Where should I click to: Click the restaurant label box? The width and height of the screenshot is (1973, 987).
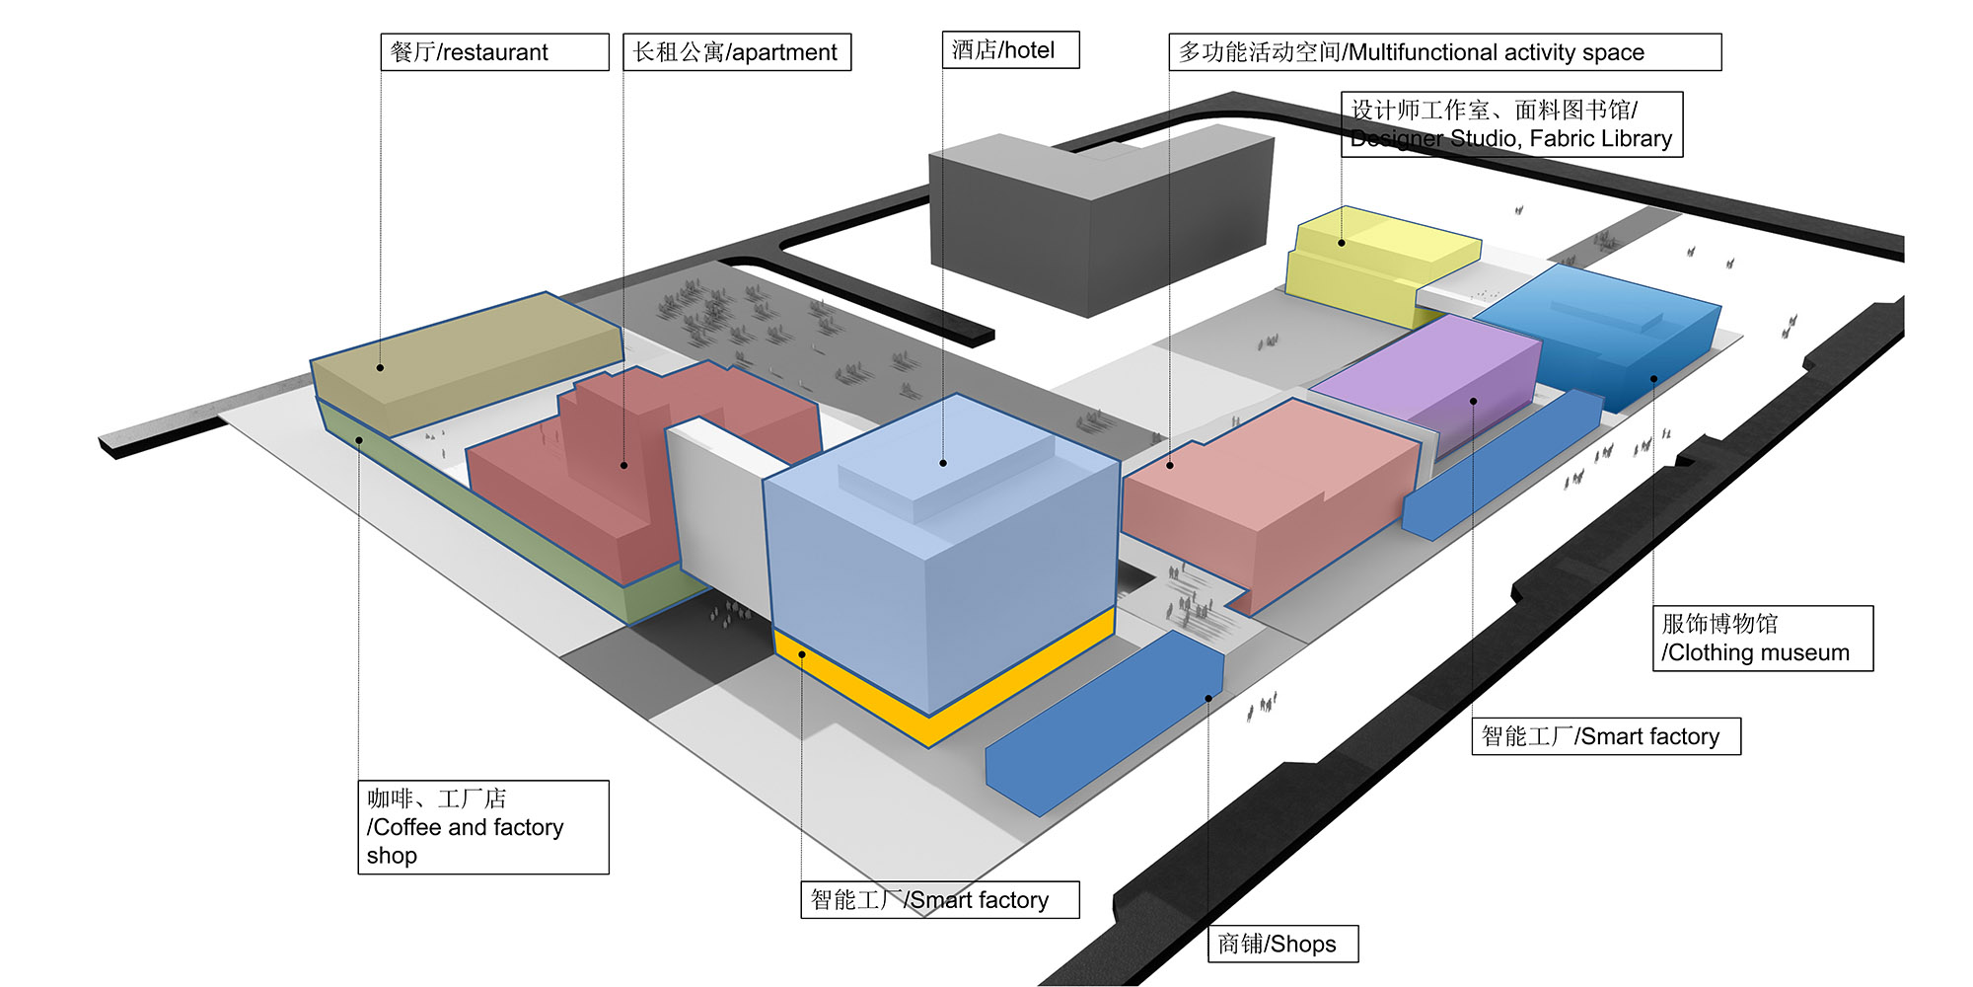click(494, 52)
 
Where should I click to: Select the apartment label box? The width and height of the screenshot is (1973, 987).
click(736, 52)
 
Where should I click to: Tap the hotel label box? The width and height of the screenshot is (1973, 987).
click(1010, 50)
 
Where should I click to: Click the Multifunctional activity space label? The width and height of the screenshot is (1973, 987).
click(1444, 52)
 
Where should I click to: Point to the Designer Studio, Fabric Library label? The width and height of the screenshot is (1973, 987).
click(1511, 124)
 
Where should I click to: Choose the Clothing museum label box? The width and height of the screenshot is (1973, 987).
click(1762, 639)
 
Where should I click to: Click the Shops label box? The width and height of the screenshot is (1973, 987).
click(1282, 944)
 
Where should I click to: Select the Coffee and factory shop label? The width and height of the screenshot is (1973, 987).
click(482, 827)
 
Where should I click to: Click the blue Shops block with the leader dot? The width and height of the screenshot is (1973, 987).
click(1105, 721)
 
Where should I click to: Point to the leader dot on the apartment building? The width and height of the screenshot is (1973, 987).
click(624, 465)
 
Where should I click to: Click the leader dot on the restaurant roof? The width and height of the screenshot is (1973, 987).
click(380, 368)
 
